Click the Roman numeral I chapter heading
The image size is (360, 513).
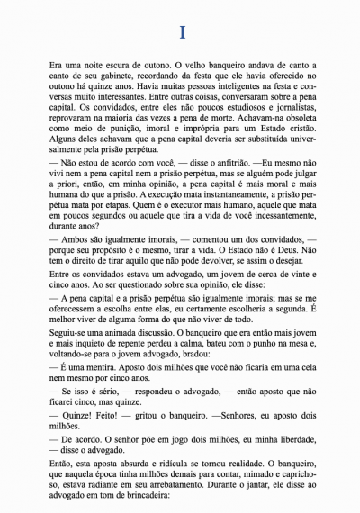pos(181,32)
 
